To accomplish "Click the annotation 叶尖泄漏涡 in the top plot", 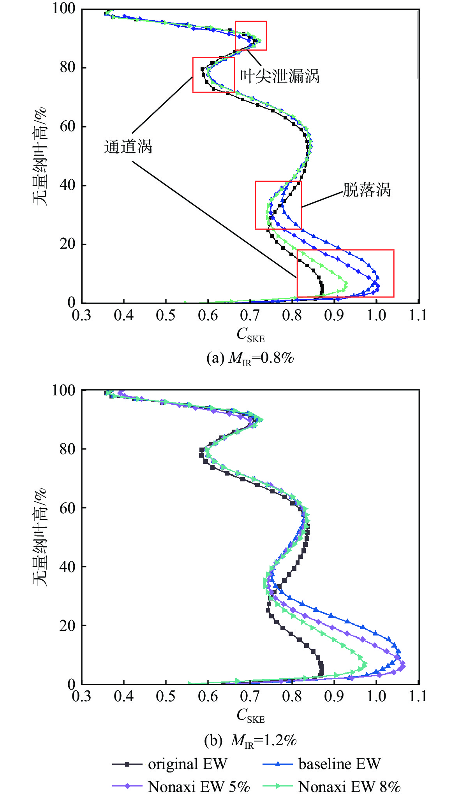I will [x=279, y=76].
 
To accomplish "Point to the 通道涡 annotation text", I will [x=128, y=147].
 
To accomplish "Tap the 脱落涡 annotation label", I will [x=367, y=190].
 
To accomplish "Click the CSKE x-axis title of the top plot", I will [x=250, y=335].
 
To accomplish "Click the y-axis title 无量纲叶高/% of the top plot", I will [x=39, y=156].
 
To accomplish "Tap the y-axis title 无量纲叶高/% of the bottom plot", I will [x=39, y=537].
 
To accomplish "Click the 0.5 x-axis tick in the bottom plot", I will [x=166, y=696].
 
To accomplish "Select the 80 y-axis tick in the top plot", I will [x=67, y=67].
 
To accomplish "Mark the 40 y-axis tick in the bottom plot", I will [x=67, y=567].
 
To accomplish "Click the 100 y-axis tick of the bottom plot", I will [x=63, y=390].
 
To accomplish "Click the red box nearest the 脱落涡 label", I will [x=278, y=205].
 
